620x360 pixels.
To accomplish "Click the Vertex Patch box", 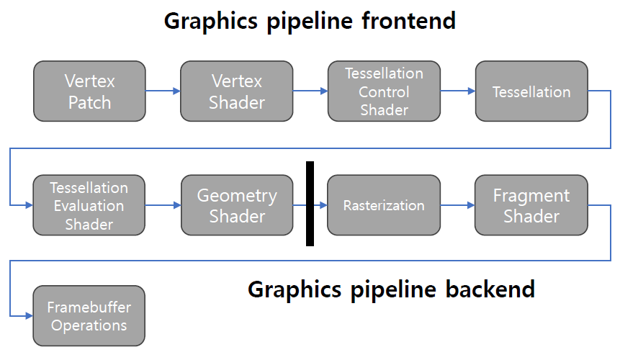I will [x=89, y=91].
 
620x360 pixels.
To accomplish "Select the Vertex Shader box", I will [x=236, y=91].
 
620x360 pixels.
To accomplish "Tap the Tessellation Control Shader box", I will [x=384, y=91].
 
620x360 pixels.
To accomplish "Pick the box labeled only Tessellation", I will [x=531, y=91].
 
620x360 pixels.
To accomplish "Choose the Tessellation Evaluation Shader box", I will [x=89, y=205].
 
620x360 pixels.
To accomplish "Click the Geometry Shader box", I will [x=236, y=205].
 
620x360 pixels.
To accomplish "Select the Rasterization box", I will [x=384, y=205].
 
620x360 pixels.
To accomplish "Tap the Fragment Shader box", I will [x=531, y=205].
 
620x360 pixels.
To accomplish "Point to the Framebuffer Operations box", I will [x=89, y=316].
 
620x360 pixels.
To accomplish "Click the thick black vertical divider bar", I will [x=310, y=204].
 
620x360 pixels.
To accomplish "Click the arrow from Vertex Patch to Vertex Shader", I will [x=163, y=91].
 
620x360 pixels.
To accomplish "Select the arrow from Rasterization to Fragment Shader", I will [x=457, y=205].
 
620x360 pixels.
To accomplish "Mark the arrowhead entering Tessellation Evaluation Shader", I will [x=29, y=205].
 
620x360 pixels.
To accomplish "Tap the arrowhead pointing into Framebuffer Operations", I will [x=29, y=316].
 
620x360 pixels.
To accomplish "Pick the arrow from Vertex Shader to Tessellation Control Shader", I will [x=310, y=91].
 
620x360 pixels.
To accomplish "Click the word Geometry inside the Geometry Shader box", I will [x=236, y=196].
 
